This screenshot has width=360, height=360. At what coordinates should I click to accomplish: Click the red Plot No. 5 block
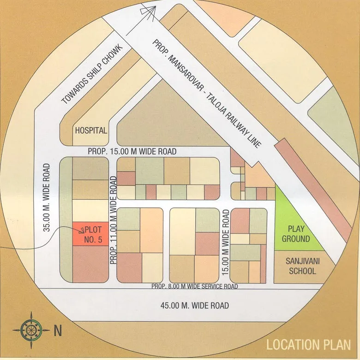coord(90,234)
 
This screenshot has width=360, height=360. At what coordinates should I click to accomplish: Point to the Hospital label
coord(91,130)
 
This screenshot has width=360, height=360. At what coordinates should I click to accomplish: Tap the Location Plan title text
coord(308,344)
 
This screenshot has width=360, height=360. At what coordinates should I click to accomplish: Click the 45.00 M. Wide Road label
coord(194,306)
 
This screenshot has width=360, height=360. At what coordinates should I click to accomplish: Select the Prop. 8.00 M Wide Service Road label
coord(195,287)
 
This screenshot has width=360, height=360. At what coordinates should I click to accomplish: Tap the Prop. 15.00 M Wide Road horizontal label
coord(132,151)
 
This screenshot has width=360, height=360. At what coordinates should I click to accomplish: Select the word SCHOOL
coord(303,271)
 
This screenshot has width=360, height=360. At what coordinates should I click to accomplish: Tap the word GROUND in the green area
coord(295,239)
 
